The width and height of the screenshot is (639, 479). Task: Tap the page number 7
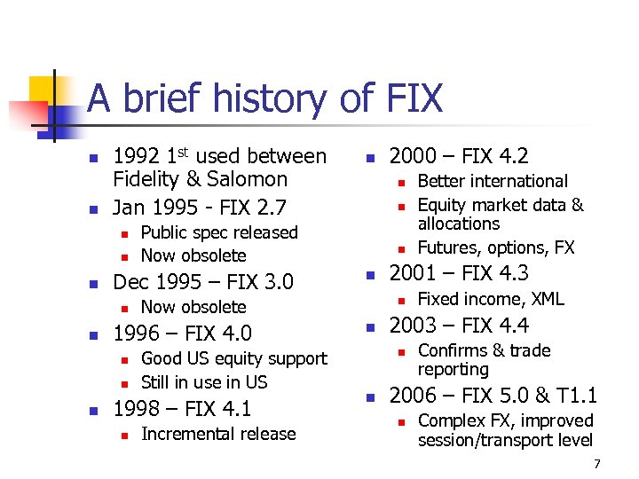pyautogui.click(x=597, y=463)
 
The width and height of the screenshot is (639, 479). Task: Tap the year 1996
pyautogui.click(x=138, y=334)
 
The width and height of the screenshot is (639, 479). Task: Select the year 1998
pyautogui.click(x=138, y=409)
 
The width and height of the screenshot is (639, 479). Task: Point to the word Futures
pyautogui.click(x=448, y=247)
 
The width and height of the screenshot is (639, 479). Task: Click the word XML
pyautogui.click(x=543, y=299)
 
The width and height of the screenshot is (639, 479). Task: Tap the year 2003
pyautogui.click(x=415, y=326)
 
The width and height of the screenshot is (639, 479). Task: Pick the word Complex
pyautogui.click(x=452, y=420)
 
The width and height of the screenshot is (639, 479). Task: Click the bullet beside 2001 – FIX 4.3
pyautogui.click(x=371, y=275)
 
